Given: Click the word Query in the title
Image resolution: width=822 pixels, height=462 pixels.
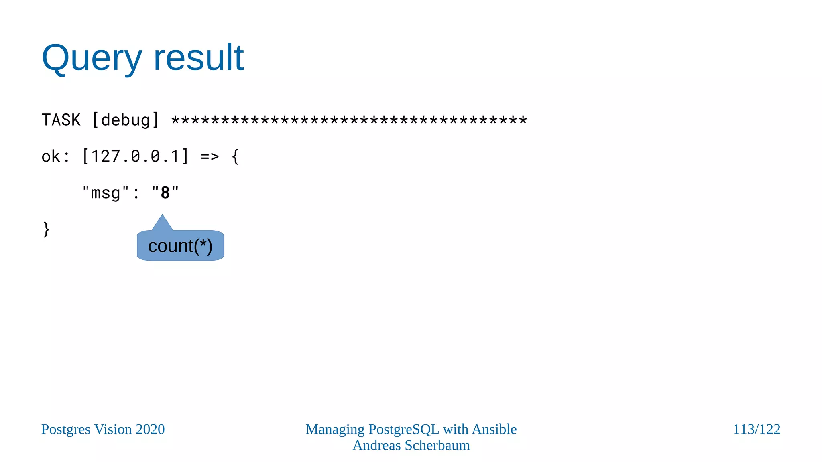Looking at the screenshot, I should coord(92,58).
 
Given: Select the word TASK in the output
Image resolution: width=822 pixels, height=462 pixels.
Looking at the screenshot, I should coord(61,120).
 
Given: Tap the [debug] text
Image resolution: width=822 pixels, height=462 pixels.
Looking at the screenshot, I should coord(126,120).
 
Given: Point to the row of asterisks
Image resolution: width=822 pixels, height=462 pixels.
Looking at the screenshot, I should coord(349,120).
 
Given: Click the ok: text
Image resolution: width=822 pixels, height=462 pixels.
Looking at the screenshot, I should coord(55,156).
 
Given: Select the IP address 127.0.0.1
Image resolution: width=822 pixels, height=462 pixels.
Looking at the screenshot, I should coord(135,156).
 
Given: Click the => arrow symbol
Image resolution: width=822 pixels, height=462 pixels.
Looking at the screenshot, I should coord(210,156).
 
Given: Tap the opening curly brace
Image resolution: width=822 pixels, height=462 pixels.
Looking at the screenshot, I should coord(236,156).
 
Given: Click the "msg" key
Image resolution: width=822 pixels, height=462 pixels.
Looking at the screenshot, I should coord(106,193).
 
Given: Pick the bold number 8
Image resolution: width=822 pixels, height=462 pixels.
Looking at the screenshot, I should coord(165,193).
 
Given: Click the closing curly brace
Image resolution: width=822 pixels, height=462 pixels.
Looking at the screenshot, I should coord(46,229).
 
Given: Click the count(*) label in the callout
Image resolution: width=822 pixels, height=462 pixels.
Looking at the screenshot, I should coord(180,246).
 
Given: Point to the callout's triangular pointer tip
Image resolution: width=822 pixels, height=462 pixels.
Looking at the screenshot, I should coord(162,217).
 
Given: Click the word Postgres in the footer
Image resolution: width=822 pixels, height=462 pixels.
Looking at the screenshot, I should coord(66,429).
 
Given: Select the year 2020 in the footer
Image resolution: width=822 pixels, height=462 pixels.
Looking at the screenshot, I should coord(150,429).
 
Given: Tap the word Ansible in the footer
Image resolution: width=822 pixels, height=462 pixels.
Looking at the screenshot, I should coord(494,429).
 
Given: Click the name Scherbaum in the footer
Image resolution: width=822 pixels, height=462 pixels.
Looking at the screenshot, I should coord(437,445).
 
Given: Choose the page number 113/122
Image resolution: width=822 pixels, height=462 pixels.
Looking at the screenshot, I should coord(756,429).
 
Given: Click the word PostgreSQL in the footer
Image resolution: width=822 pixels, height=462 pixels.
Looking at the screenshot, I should coord(404,429).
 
